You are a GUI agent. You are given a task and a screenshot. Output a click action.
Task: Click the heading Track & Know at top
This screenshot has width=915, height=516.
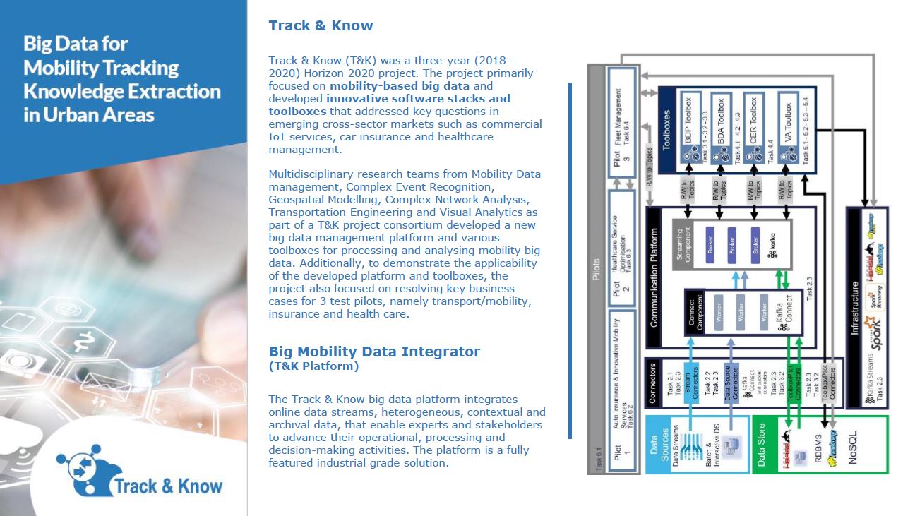click(x=321, y=26)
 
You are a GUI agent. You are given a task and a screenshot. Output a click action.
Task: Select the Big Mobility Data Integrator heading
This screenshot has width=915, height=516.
click(x=374, y=352)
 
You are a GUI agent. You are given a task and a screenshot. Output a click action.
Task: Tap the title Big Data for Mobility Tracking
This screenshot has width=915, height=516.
click(x=121, y=79)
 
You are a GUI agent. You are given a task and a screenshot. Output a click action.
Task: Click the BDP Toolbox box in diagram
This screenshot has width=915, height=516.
click(x=690, y=128)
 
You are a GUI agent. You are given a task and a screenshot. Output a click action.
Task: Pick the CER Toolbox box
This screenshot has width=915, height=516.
click(x=754, y=128)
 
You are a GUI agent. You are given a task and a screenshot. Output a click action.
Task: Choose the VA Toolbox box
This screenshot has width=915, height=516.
click(x=789, y=128)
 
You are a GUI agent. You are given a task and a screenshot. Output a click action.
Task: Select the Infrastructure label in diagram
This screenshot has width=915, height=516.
click(x=854, y=308)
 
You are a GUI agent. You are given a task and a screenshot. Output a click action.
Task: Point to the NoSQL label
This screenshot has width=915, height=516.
click(x=852, y=444)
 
